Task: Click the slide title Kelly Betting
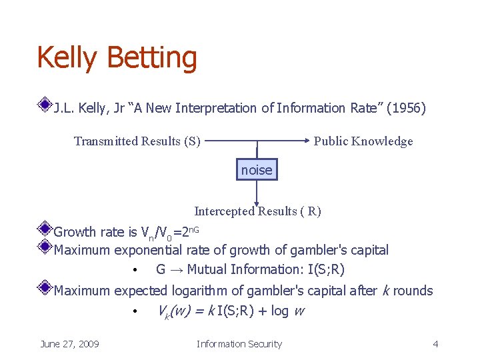117,57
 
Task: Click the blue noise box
257,170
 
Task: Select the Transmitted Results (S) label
137,141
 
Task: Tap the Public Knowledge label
363,141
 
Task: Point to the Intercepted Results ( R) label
257,211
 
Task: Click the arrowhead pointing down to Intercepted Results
257,201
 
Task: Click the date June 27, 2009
69,344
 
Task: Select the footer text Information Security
239,344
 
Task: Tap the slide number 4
435,344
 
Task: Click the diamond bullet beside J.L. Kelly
45,105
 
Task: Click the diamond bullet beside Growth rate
45,229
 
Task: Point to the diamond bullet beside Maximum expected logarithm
45,287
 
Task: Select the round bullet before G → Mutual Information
135,271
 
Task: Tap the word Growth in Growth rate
75,232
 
